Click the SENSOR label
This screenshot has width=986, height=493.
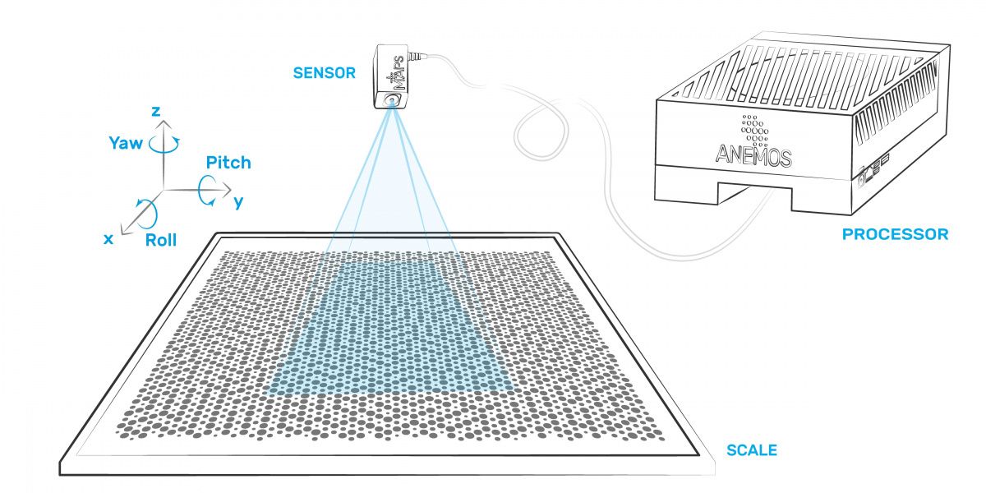(x=325, y=73)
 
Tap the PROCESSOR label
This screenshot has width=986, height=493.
(x=895, y=235)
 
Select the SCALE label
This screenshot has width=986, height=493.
(x=751, y=450)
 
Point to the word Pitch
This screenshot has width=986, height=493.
(x=228, y=162)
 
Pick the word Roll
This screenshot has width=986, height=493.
(x=161, y=240)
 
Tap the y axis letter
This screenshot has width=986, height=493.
(x=238, y=200)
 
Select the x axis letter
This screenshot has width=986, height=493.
(x=108, y=238)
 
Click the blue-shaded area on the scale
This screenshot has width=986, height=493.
(x=390, y=329)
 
